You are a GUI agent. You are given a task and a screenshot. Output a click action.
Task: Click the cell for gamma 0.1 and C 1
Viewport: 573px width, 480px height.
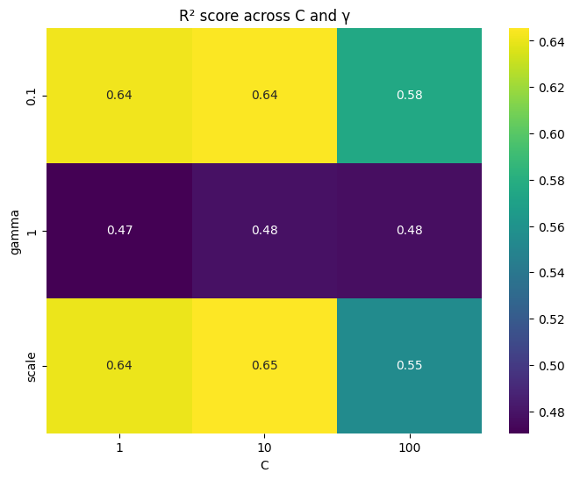(119, 96)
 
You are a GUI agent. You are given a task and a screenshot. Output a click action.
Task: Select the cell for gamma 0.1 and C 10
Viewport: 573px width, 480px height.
(264, 96)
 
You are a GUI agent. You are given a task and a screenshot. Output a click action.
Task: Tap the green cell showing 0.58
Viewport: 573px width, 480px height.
(409, 96)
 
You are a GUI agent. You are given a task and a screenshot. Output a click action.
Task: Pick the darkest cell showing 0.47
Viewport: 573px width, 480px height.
(119, 231)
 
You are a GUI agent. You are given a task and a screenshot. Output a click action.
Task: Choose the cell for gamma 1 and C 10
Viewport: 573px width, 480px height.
(264, 231)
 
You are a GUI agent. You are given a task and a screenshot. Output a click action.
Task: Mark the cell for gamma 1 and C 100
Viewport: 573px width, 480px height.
(409, 231)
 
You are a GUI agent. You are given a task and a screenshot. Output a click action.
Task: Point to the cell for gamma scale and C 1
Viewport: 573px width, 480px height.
(119, 366)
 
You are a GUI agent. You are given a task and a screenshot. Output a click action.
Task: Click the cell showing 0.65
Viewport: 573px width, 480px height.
(264, 366)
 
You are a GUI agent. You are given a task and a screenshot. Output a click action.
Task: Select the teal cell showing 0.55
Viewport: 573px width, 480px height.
(409, 366)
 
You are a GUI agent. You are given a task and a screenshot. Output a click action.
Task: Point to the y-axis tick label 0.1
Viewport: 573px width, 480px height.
(32, 96)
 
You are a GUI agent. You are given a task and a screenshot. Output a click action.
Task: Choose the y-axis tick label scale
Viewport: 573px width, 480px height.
(32, 366)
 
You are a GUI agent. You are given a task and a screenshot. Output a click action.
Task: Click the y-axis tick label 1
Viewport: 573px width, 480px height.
(32, 231)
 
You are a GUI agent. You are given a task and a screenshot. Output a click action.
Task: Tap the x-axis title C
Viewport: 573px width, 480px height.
(264, 466)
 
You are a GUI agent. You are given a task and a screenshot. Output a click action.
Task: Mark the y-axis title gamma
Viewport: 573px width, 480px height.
(15, 231)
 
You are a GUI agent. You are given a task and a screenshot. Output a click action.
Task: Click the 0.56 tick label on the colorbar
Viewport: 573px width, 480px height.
(551, 226)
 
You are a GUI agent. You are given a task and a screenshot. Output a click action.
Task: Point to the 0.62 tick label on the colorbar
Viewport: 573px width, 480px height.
(551, 88)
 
